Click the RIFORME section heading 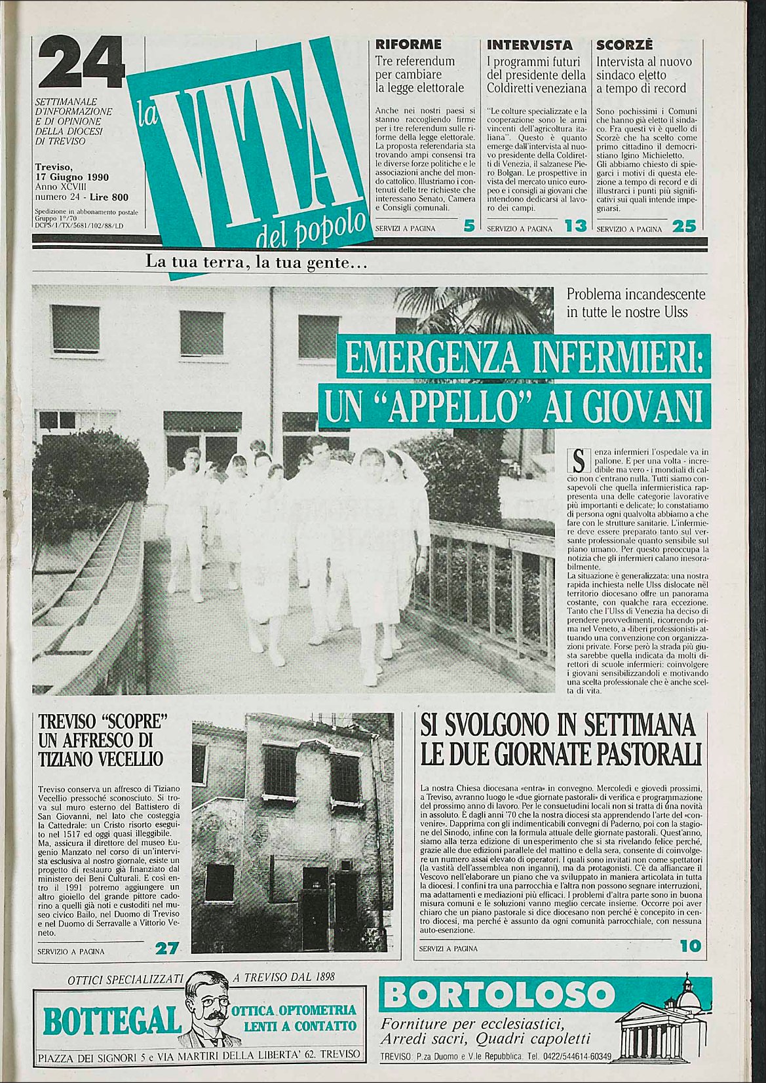tap(408, 45)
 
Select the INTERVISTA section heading tap(529, 45)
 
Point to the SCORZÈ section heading tap(624, 45)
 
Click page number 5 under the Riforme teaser tap(469, 227)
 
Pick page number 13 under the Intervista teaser tap(575, 227)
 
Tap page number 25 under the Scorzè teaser tap(684, 227)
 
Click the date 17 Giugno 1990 tap(72, 177)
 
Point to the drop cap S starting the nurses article tap(577, 460)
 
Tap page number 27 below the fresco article tap(167, 948)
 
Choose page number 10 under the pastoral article tap(690, 946)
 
